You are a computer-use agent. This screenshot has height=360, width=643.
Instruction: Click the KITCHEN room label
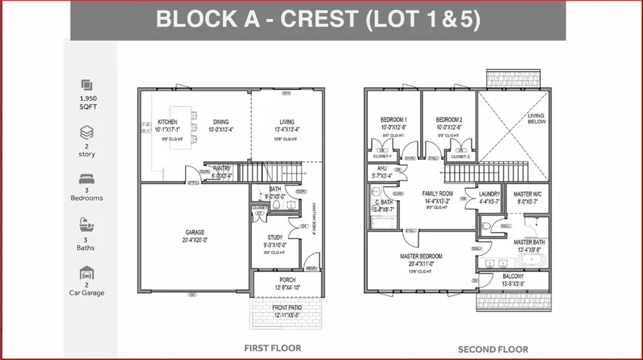[x=167, y=122]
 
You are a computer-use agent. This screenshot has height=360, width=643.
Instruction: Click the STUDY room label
[x=275, y=236]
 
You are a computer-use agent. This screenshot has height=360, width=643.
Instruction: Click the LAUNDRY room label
[x=489, y=194]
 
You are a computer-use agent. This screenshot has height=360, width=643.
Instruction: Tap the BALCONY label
[x=512, y=276]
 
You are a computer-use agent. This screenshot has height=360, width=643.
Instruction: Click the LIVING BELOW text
[x=536, y=118]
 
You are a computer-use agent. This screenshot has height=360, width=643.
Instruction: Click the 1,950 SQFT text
[x=87, y=101]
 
